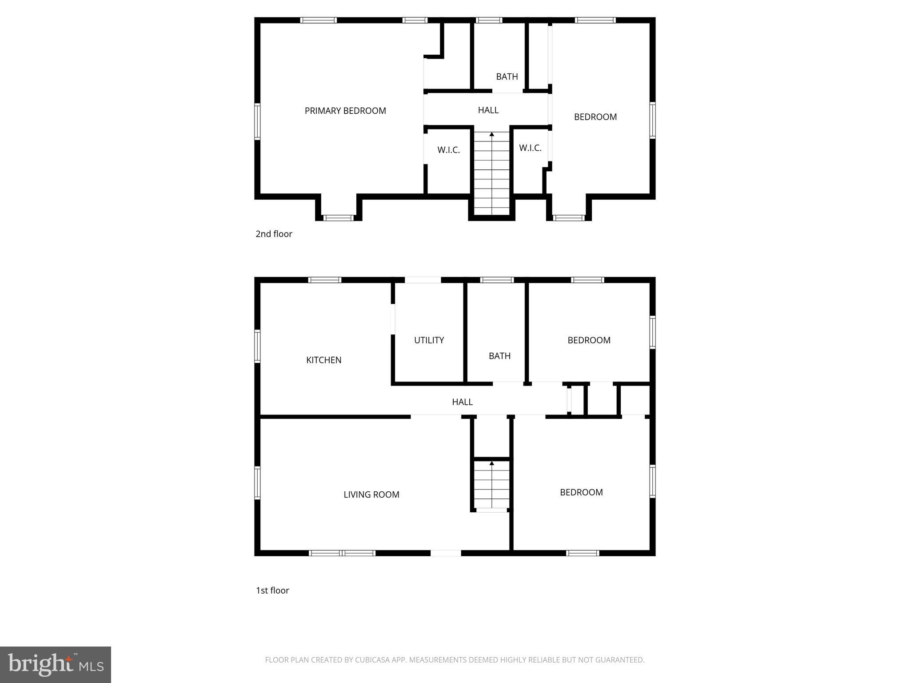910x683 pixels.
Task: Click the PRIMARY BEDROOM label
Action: [345, 111]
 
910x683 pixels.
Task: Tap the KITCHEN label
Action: [323, 360]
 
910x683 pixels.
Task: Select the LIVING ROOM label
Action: [371, 494]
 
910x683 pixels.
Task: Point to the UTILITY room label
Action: [429, 340]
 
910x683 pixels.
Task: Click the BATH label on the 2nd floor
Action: [507, 77]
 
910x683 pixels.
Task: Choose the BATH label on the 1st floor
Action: [499, 356]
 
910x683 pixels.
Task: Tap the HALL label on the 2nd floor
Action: [488, 110]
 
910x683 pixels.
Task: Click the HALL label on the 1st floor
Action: [462, 402]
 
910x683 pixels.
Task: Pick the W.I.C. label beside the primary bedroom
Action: [448, 150]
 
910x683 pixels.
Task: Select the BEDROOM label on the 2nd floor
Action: [595, 117]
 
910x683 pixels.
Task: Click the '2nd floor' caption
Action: [274, 234]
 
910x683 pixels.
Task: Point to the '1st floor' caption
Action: [272, 591]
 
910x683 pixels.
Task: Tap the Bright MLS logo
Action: [56, 664]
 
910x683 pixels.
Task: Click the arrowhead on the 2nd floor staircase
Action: [491, 134]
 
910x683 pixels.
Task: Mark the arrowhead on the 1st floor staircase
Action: [491, 463]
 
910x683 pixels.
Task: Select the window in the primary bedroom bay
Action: [338, 218]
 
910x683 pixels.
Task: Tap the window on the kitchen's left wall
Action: [257, 346]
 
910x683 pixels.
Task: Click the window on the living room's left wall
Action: [257, 482]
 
